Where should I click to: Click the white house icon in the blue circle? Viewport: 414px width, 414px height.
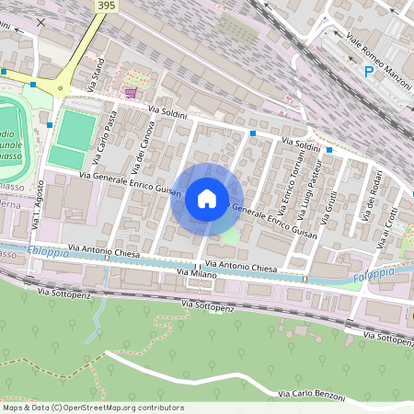[x=207, y=198]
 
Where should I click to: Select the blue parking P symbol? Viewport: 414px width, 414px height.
[x=370, y=71]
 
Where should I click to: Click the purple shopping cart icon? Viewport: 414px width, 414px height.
[x=132, y=92]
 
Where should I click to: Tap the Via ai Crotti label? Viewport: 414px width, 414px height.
[x=389, y=225]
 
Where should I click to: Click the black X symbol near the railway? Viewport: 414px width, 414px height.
[x=40, y=21]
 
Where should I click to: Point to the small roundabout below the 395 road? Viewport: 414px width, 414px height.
[x=61, y=89]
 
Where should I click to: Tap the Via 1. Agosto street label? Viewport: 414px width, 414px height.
[x=38, y=210]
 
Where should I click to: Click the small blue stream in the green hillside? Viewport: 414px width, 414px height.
[x=95, y=322]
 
